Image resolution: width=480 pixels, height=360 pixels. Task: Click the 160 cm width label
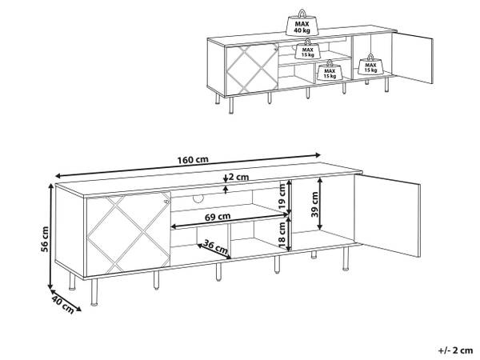193,159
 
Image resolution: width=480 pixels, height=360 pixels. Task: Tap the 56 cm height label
45,239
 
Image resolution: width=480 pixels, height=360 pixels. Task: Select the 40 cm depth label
63,304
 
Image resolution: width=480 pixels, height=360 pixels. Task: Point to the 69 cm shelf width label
218,217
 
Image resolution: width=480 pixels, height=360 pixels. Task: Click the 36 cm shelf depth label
216,248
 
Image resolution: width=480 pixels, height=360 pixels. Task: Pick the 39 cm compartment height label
314,204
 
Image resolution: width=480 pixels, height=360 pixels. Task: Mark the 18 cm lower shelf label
282,234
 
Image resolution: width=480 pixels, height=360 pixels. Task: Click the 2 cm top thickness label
238,177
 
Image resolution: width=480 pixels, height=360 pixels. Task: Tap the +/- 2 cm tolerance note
455,350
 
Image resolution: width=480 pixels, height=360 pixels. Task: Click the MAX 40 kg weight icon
302,22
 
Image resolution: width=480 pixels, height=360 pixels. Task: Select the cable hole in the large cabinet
198,199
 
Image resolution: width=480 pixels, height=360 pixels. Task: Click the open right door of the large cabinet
387,215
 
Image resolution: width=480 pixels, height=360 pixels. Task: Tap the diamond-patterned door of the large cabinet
129,233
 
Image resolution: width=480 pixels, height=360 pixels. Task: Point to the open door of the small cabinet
413,57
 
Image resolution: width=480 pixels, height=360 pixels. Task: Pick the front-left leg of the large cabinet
94,292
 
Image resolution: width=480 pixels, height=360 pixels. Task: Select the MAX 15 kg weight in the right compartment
370,64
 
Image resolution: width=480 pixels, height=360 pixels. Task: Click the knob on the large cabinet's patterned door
166,202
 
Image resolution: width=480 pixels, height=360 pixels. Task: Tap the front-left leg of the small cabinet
231,105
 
